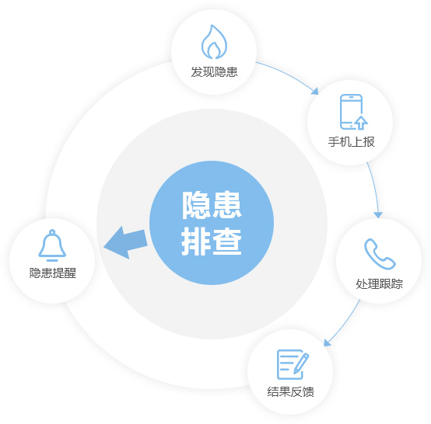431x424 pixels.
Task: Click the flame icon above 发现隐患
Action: pyautogui.click(x=214, y=42)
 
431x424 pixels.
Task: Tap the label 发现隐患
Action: pyautogui.click(x=215, y=72)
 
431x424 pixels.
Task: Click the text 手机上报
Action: pyautogui.click(x=352, y=142)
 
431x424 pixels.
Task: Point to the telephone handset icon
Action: pyautogui.click(x=380, y=254)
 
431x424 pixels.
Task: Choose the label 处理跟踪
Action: pyautogui.click(x=380, y=283)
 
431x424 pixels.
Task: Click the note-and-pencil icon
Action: pyautogui.click(x=293, y=364)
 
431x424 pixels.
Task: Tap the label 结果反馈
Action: pyautogui.click(x=290, y=391)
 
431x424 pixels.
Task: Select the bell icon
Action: pyautogui.click(x=52, y=243)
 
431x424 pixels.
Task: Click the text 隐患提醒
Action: pyautogui.click(x=53, y=273)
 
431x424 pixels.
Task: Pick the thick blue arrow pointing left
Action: pyautogui.click(x=125, y=242)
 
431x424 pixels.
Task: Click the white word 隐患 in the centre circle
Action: pyautogui.click(x=212, y=205)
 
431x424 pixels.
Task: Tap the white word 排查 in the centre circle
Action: pyautogui.click(x=212, y=242)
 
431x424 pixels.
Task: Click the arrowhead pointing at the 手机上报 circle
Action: pyautogui.click(x=315, y=92)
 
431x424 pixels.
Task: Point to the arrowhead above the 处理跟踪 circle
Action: pyautogui.click(x=378, y=215)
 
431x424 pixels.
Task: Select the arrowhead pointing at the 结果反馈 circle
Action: pyautogui.click(x=327, y=342)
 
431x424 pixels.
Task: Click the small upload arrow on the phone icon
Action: pyautogui.click(x=361, y=123)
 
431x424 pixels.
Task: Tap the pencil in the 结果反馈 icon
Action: pyautogui.click(x=301, y=363)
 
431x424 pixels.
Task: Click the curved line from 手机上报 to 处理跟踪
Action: pyautogui.click(x=375, y=186)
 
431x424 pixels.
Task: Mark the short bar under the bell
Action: pyautogui.click(x=52, y=260)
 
